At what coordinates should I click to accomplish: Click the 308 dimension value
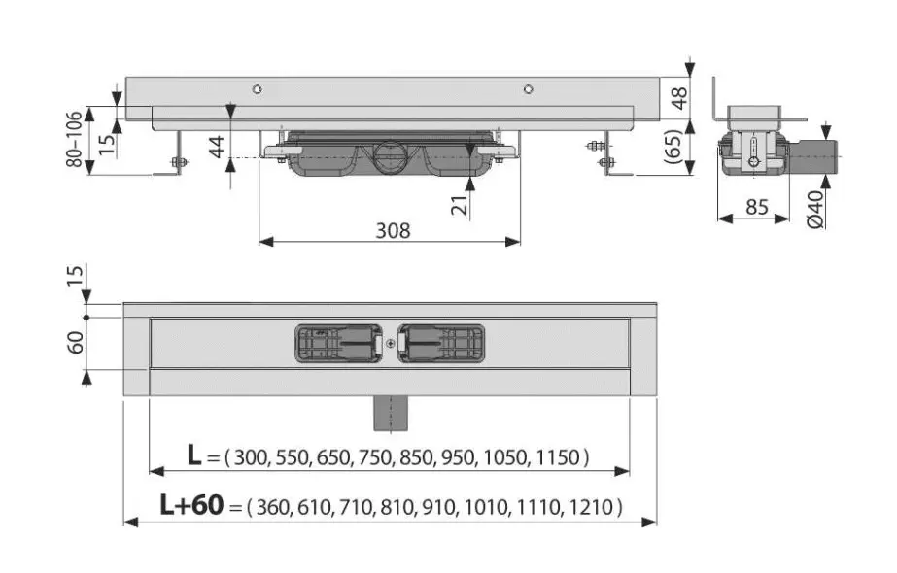pos(393,230)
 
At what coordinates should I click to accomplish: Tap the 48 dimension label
pos(679,98)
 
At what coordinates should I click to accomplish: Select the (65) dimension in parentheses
pos(675,147)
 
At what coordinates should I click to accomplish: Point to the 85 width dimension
pos(756,207)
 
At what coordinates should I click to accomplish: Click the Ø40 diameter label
pos(816,210)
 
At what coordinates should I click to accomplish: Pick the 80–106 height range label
pos(75,139)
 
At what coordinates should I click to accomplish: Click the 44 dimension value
pos(217,147)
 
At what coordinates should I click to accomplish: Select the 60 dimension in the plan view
pos(76,342)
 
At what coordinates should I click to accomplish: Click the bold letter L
pos(194,455)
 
